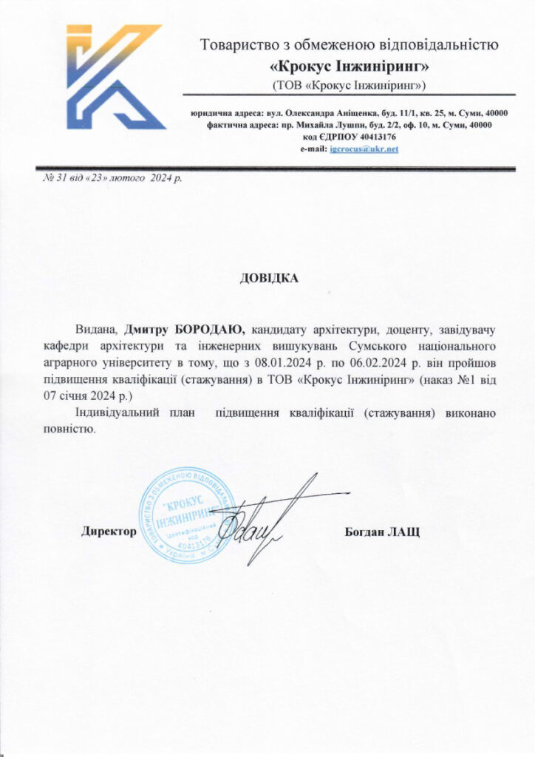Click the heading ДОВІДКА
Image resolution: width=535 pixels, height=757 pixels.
click(267, 278)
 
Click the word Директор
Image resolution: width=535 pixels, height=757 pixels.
click(109, 532)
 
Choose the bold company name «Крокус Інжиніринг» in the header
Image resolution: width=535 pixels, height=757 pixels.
click(350, 67)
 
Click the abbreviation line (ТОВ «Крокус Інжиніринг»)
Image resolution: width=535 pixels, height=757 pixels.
click(350, 86)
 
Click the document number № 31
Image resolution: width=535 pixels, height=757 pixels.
click(48, 178)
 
